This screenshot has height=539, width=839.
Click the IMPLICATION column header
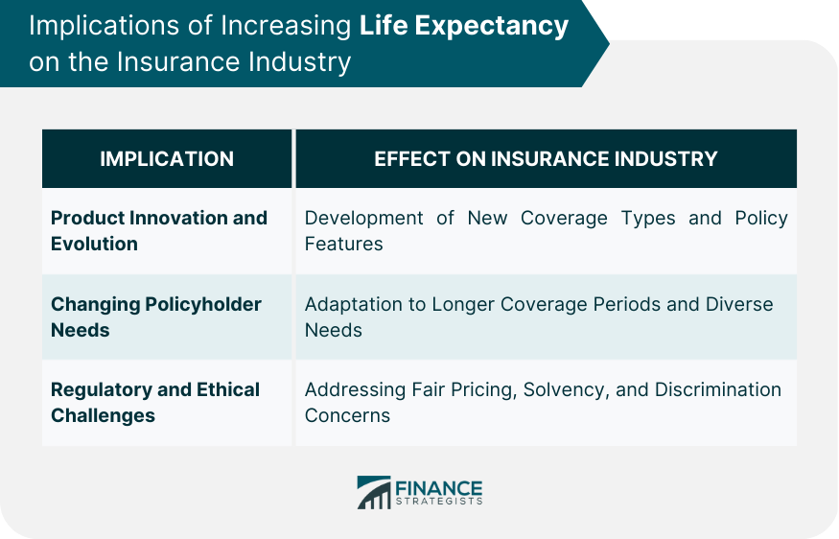167,159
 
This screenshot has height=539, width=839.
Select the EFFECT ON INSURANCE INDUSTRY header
546,159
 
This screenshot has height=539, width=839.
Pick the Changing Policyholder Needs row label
155,316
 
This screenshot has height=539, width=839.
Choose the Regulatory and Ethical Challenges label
155,403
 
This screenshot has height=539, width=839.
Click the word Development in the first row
363,218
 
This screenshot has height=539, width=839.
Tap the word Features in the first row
343,244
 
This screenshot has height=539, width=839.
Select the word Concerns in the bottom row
347,416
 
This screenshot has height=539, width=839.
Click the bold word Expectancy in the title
491,27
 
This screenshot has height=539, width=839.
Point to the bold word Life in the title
384,25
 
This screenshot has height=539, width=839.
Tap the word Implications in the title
105,27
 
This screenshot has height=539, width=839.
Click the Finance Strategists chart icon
374,492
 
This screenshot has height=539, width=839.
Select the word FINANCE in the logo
439,488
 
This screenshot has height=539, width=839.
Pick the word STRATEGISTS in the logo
439,502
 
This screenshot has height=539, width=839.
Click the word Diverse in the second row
739,304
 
